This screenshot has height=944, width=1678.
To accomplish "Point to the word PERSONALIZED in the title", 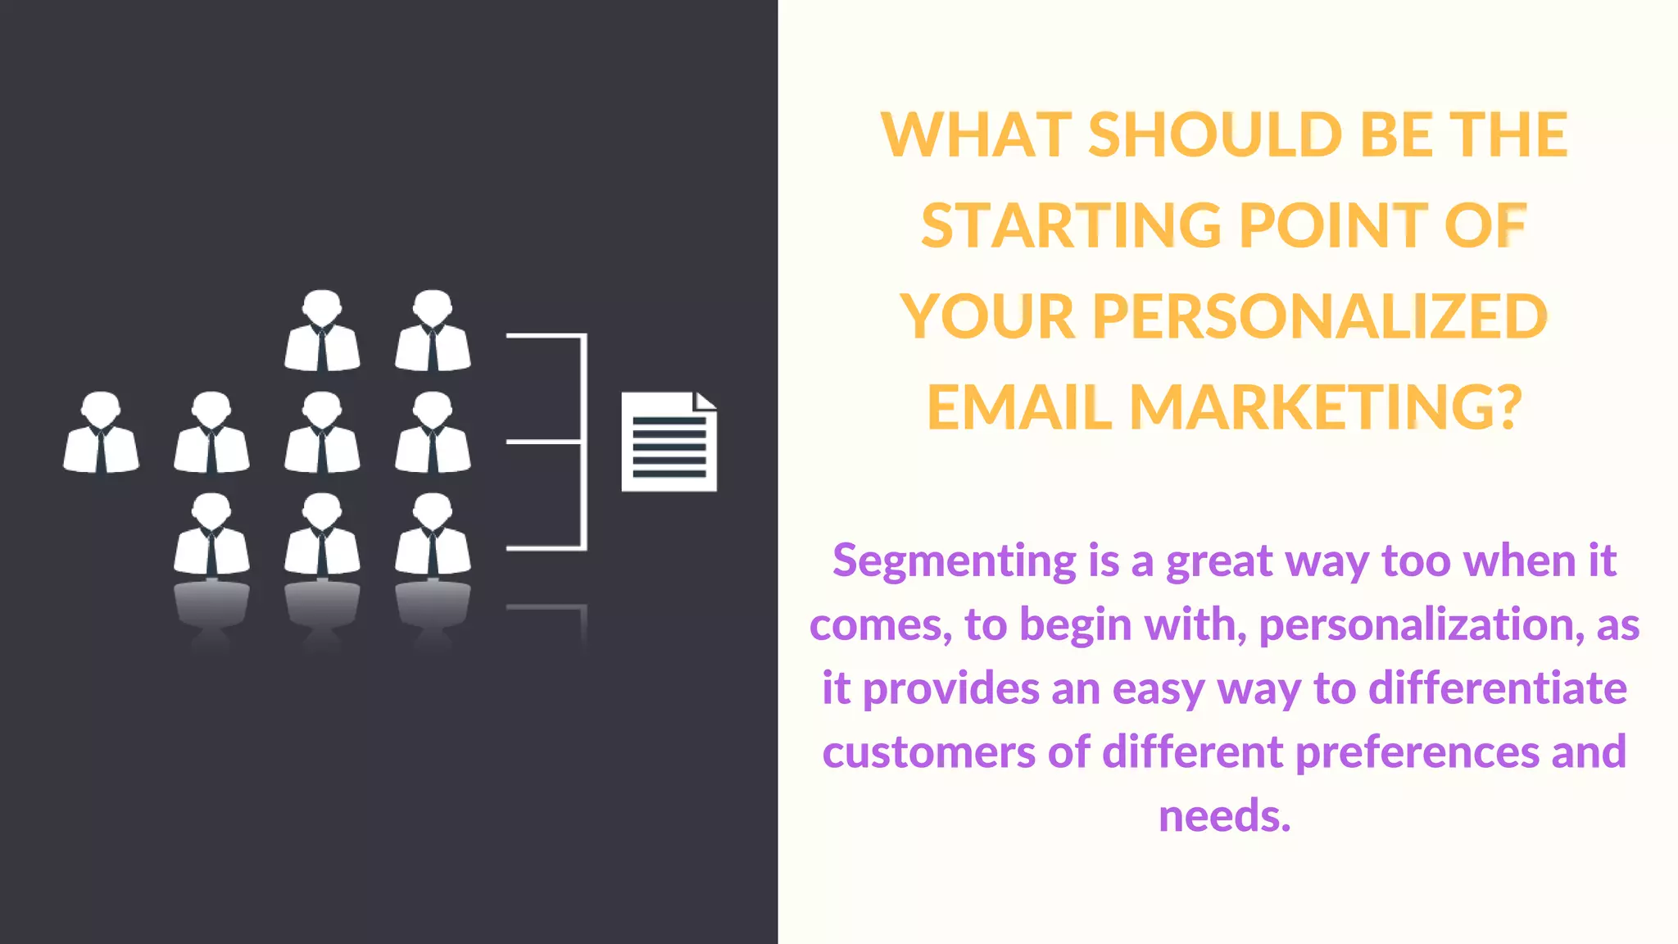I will pos(1320,316).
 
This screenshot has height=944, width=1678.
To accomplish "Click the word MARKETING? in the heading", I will pos(1326,407).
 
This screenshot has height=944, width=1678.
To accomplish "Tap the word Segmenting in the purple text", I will pos(954,561).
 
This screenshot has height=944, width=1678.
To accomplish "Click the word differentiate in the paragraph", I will pos(1498,688).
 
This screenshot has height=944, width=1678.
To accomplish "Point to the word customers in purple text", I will pos(929,752).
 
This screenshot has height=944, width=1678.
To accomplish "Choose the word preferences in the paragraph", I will pos(1417,752).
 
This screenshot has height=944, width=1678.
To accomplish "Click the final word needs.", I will pos(1224,816).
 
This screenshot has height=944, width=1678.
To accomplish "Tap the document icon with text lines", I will pos(668,443).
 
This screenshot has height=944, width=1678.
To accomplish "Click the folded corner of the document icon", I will pos(705,402).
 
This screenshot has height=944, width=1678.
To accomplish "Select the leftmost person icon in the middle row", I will pos(101,433).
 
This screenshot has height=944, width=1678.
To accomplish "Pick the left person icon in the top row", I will pos(322,331).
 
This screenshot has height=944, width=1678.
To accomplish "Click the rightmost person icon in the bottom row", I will pos(433,534).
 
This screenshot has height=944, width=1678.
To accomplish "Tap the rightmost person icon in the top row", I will pos(433,331).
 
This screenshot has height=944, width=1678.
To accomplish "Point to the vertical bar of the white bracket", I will pos(583,442).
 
